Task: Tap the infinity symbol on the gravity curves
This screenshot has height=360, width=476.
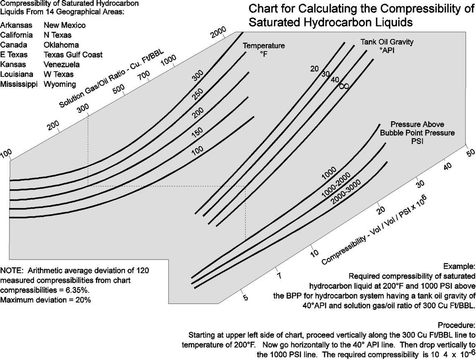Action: [344, 86]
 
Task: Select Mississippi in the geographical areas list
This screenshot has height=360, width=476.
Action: [19, 84]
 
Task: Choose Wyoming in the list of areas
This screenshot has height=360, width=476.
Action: [60, 84]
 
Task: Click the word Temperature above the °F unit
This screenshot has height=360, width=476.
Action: [258, 46]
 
